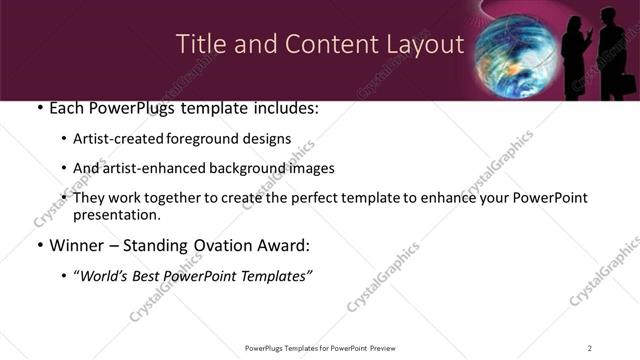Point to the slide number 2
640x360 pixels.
(x=589, y=348)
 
